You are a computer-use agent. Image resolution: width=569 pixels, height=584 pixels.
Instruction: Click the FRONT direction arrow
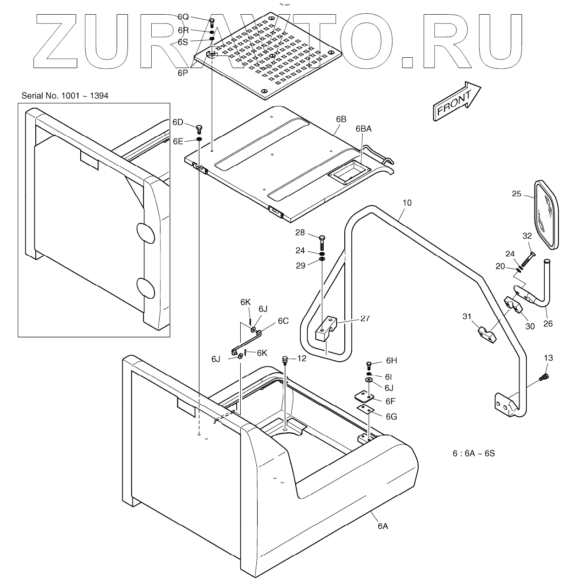point(456,101)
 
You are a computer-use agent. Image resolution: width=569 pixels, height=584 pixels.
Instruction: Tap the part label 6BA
point(363,129)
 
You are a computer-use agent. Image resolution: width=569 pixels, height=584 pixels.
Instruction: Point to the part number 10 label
point(407,202)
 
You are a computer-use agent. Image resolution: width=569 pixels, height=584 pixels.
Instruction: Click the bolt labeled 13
point(545,377)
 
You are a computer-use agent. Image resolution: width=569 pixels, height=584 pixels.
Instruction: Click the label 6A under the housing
point(383,526)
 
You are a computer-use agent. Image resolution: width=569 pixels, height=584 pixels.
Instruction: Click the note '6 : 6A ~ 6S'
point(474,453)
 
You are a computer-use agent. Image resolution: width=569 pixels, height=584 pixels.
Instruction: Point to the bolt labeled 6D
point(199,129)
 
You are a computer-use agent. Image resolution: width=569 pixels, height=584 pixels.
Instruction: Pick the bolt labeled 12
point(285,359)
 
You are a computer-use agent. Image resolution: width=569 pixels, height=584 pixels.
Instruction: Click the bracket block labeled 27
point(326,329)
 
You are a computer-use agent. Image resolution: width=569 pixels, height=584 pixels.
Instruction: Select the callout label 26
point(547,324)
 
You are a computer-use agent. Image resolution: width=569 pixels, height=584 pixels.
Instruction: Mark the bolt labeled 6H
point(369,365)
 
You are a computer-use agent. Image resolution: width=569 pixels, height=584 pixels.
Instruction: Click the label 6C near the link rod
point(283,320)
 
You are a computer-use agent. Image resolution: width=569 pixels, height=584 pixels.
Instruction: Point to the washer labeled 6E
point(200,139)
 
